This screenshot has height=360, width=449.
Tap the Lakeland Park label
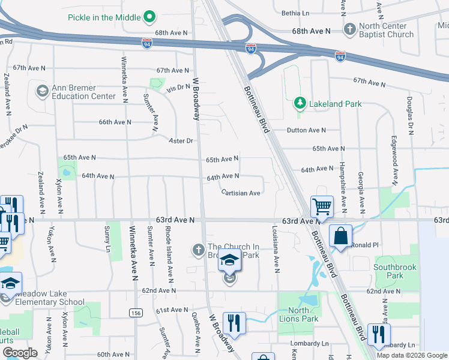coord(335,104)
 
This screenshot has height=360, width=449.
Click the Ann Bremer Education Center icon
coord(42,91)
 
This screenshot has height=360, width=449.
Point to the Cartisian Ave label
coord(240,193)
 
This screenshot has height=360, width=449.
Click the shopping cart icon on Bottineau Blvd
coord(322,207)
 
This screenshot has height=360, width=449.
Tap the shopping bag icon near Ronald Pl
coord(340,236)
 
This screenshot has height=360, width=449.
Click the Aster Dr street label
coord(181,140)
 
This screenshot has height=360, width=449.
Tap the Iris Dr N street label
coord(178,87)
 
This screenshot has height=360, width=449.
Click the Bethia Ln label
coord(295,13)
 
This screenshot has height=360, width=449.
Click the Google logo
coord(20,353)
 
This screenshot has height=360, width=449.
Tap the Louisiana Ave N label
coord(276,249)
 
